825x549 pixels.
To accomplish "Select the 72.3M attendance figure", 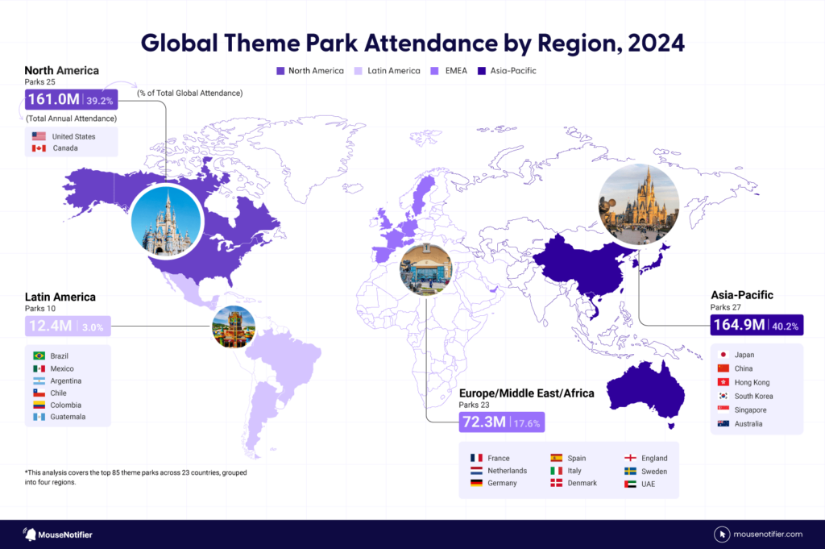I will click(483, 422).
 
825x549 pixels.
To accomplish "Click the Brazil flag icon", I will click(38, 356).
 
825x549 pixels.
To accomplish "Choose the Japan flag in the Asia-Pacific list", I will click(723, 355).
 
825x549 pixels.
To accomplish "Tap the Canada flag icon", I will click(38, 148).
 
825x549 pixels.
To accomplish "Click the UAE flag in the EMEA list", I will click(630, 484).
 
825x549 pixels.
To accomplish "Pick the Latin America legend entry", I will click(388, 71).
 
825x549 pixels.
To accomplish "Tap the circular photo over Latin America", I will click(234, 326).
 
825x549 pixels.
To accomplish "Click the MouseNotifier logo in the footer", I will click(58, 534).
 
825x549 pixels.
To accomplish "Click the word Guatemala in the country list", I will click(68, 417).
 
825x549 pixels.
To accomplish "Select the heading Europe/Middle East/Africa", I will click(526, 393).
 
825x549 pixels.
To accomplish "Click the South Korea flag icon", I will click(723, 396).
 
